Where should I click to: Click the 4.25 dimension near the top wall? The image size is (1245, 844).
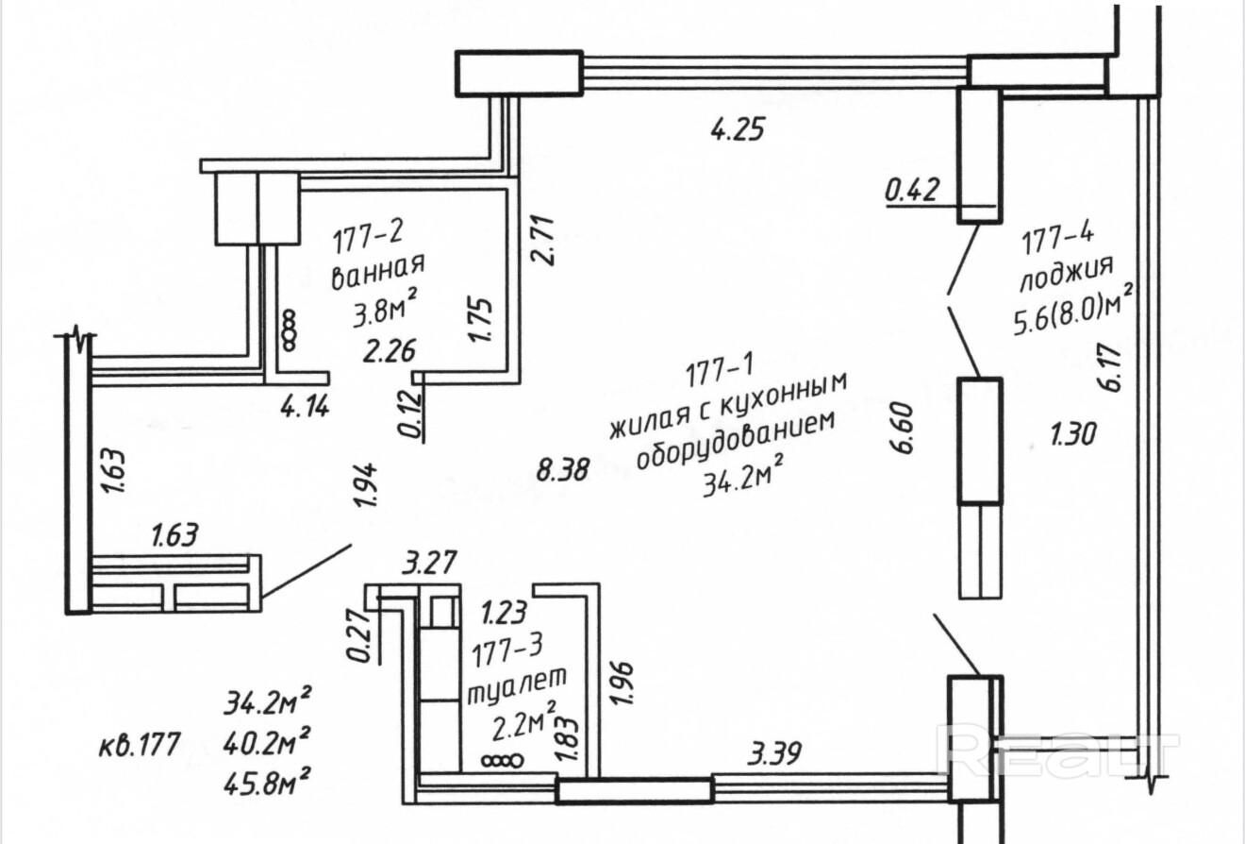[x=736, y=128]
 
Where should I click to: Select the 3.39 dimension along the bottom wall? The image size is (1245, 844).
[x=774, y=753]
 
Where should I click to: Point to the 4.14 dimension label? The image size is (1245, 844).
[x=306, y=408]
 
